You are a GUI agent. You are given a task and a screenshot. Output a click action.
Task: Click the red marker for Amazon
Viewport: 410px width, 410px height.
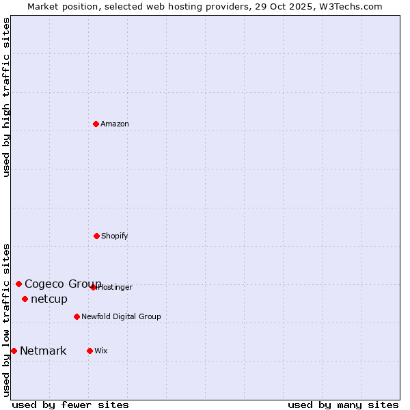96,124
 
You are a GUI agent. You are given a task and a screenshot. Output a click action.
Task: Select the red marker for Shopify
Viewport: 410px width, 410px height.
96,236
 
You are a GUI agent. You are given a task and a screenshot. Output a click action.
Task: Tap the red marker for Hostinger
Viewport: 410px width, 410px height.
94,287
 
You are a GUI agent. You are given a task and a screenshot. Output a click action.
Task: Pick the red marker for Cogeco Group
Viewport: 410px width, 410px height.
18,284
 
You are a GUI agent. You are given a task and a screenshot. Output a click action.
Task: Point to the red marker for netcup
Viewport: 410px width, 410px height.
25,299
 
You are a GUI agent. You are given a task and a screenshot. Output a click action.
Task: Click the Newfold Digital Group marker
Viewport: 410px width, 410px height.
77,316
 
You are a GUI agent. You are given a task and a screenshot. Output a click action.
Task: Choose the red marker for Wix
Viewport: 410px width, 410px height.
90,351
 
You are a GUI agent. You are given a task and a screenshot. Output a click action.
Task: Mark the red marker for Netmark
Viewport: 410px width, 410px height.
14,351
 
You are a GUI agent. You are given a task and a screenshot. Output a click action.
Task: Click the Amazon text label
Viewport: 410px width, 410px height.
115,124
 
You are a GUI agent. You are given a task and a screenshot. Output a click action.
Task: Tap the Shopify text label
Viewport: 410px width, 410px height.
115,236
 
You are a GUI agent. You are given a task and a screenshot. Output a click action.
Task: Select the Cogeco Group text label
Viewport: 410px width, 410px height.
63,284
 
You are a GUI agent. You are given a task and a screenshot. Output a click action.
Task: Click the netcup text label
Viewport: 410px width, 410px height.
49,299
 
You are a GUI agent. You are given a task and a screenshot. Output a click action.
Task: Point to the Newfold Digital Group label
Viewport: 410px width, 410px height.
121,316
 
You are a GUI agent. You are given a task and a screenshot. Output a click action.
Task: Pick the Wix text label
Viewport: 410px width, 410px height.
101,351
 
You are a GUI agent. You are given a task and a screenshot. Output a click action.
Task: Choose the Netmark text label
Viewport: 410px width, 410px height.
43,351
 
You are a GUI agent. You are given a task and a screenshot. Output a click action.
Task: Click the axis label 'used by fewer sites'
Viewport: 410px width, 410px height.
70,405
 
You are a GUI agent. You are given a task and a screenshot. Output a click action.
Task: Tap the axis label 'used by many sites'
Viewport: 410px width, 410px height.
343,405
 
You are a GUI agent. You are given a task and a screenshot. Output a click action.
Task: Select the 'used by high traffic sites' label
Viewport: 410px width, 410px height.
6,97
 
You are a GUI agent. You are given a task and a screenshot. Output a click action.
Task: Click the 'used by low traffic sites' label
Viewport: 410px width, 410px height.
6,319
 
